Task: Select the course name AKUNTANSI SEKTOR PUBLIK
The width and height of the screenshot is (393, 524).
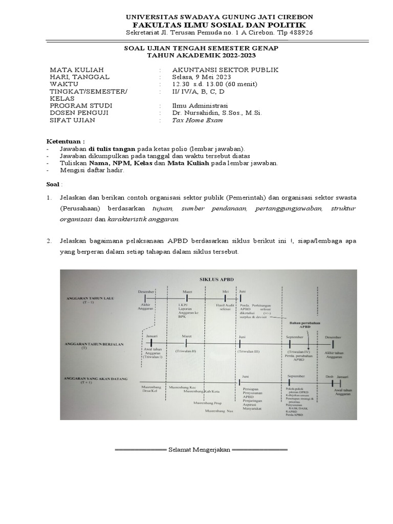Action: [x=226, y=70]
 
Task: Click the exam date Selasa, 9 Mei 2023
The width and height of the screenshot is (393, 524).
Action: [x=203, y=77]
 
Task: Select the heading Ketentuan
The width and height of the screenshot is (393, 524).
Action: [x=65, y=141]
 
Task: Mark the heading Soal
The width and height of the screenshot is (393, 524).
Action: [x=53, y=183]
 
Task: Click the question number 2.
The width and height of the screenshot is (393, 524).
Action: [x=50, y=241]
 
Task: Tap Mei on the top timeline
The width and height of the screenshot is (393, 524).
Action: [x=225, y=291]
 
